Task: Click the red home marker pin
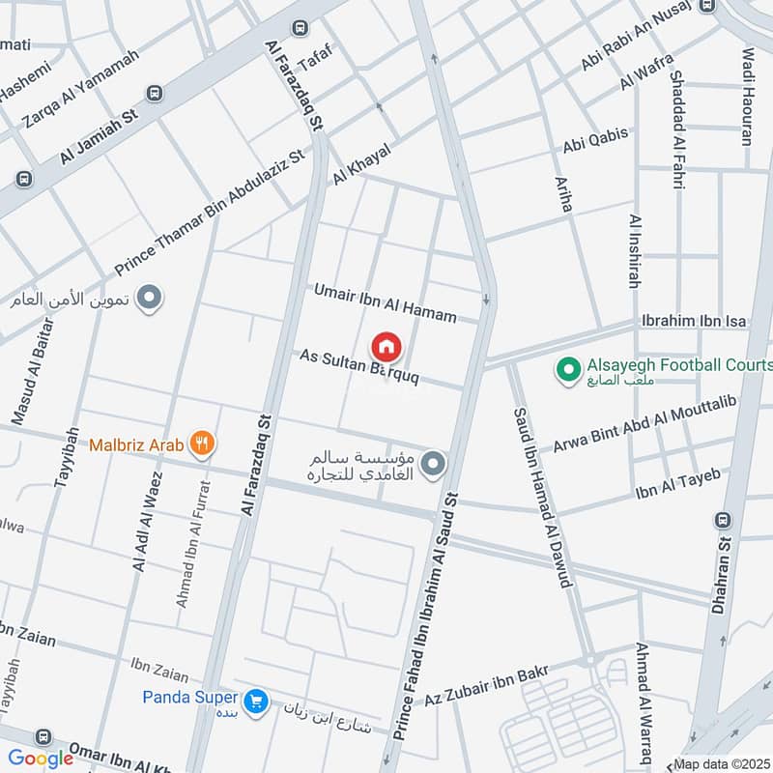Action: (386, 346)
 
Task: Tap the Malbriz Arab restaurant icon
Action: (203, 444)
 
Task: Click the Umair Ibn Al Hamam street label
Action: (397, 302)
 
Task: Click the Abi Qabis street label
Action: (596, 141)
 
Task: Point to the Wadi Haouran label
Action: (747, 97)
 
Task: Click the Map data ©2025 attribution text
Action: (722, 763)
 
